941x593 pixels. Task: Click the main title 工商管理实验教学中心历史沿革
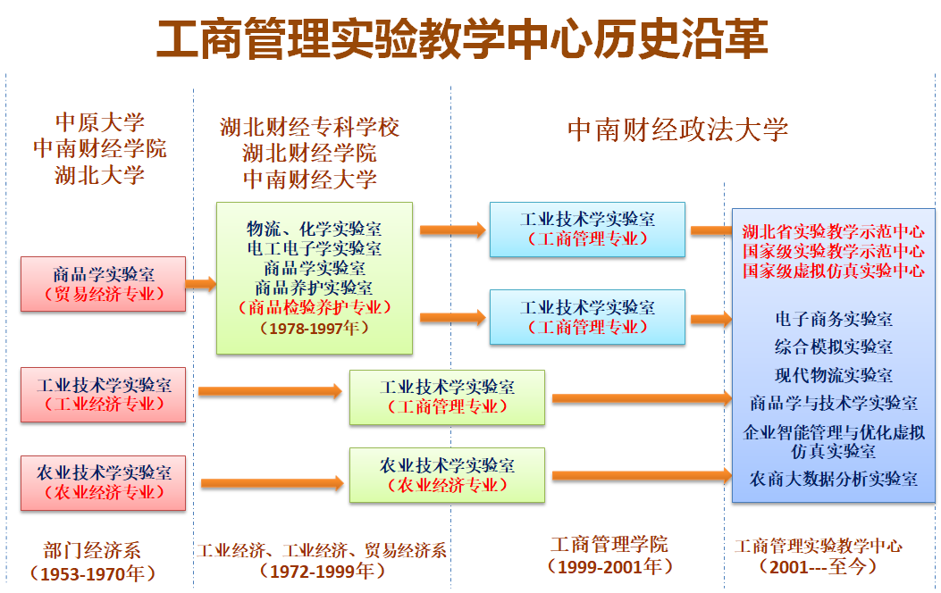(462, 39)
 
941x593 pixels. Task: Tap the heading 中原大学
(99, 121)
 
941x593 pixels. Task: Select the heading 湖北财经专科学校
(309, 128)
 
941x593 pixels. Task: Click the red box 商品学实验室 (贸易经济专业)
(104, 284)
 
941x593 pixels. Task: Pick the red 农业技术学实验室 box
(104, 482)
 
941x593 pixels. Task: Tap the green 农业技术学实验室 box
(447, 475)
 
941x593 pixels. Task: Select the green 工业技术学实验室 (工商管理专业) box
(447, 397)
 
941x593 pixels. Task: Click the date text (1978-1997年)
(314, 328)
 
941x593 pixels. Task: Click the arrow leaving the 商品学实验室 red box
(201, 284)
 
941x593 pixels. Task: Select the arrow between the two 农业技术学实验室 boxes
(270, 483)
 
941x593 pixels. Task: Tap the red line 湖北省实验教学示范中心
(833, 231)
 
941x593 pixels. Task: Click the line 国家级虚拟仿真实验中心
(833, 271)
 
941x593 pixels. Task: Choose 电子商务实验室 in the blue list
(833, 319)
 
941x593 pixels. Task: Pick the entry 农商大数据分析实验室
(833, 480)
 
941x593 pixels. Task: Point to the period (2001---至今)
(818, 566)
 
